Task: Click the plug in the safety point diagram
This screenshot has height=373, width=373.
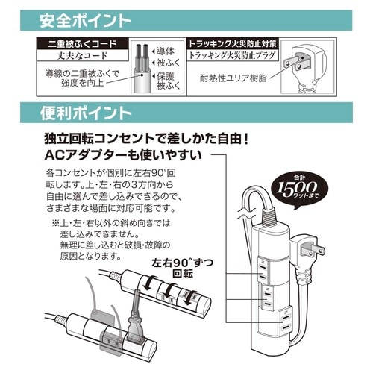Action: [303, 65]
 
